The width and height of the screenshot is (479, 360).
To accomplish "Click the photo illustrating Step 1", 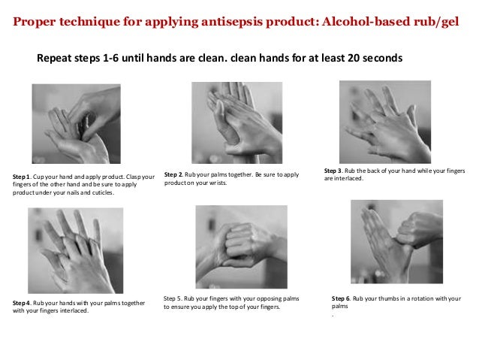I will [74, 124].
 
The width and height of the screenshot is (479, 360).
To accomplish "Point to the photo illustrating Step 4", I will [75, 250].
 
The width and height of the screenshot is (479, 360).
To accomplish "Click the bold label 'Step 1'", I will [23, 177].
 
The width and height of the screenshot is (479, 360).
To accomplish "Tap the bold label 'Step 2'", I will [174, 174].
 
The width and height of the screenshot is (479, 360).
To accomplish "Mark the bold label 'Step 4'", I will [23, 303].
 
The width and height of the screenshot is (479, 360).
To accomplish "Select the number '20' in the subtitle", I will [352, 57].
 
